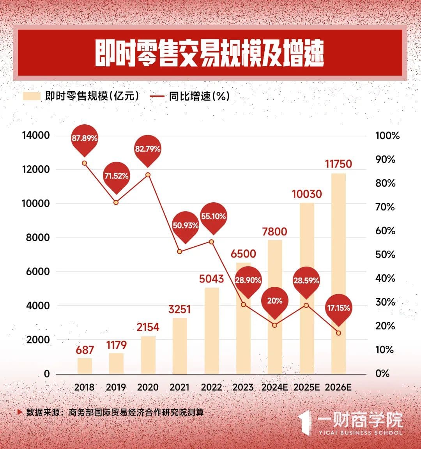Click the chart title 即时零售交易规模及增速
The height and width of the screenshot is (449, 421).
[210, 53]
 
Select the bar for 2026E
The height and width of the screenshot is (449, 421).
[338, 273]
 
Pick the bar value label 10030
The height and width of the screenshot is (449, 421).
[307, 194]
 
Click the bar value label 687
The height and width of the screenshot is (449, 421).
[85, 350]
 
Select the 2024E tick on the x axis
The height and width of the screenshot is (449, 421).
[275, 387]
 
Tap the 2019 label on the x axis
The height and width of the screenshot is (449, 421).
[116, 387]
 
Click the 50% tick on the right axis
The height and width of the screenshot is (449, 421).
[385, 255]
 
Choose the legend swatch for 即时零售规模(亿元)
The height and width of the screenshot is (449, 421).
[32, 96]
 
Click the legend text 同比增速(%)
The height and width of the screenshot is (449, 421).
[199, 96]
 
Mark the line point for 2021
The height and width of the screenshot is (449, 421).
[179, 251]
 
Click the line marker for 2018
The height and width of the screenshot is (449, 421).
[84, 163]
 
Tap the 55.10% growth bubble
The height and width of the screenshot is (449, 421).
[213, 216]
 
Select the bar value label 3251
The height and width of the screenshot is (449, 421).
[179, 309]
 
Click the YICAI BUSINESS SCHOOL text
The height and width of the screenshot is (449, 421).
[360, 433]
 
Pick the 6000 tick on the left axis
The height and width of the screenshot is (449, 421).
[38, 271]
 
